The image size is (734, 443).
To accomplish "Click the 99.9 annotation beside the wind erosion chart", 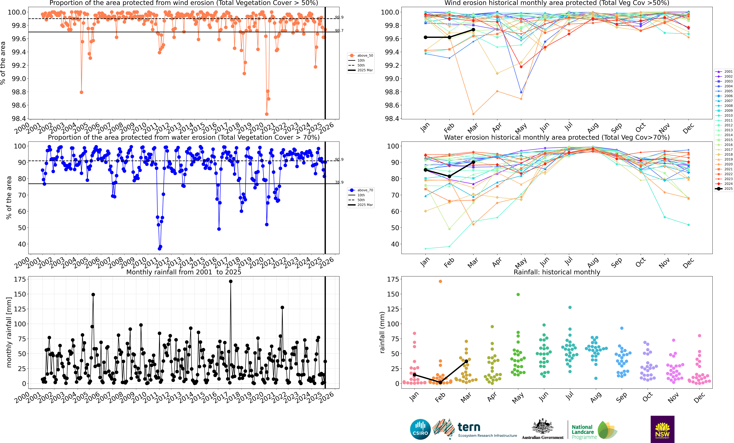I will point(339,17).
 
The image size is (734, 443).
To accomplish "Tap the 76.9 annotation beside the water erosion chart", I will point(339,182).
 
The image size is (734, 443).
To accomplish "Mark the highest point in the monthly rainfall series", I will point(231,281).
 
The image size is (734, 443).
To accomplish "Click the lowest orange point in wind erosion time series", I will point(267,114).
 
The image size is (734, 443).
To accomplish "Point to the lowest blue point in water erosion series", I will point(159,248).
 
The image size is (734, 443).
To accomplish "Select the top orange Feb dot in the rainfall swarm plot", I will point(440,281).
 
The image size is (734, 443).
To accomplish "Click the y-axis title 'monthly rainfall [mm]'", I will point(9,332).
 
